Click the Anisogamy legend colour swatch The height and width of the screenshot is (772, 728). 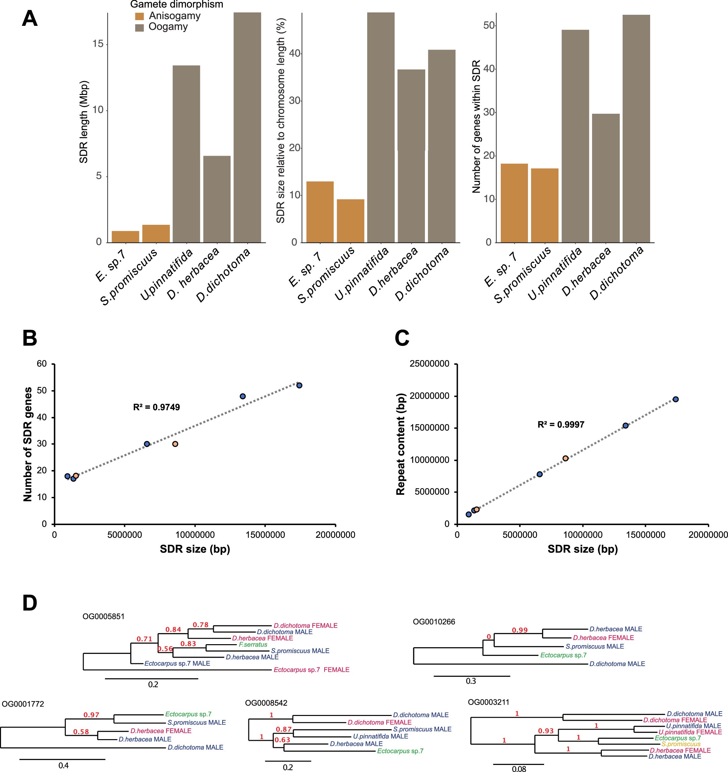[x=139, y=16]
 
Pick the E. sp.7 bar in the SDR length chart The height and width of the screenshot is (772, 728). [x=125, y=237]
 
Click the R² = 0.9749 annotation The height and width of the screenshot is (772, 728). [x=156, y=407]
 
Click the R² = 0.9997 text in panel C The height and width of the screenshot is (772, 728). [x=561, y=424]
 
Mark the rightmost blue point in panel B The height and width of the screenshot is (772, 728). [x=299, y=385]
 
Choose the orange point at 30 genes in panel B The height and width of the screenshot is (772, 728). [x=175, y=444]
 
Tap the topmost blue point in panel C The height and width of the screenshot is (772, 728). [x=676, y=399]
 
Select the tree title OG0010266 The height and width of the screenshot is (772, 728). [x=434, y=622]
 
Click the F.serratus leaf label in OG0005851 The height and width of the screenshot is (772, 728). [x=253, y=645]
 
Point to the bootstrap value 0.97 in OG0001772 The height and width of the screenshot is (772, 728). [x=92, y=715]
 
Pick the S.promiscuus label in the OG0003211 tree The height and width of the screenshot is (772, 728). [x=681, y=744]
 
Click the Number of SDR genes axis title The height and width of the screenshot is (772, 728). [x=28, y=444]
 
